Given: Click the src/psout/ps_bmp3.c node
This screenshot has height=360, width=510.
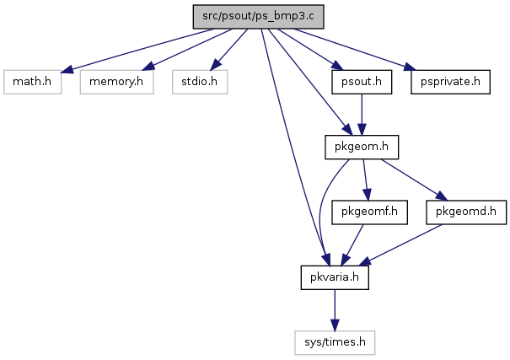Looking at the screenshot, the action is (x=258, y=17).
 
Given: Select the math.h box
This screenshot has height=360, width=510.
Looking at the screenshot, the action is (x=32, y=82).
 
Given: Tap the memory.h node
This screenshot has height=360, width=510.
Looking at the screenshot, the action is (x=117, y=82).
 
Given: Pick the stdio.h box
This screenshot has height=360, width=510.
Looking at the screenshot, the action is (x=200, y=82).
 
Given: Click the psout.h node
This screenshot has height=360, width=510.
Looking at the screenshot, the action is (x=362, y=82).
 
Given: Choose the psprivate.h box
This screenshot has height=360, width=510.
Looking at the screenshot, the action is (x=450, y=82).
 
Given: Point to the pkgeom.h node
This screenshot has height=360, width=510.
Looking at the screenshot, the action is (x=362, y=147).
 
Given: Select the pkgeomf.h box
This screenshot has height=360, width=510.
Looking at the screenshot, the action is (x=369, y=212).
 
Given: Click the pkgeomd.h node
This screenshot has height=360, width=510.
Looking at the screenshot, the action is (x=466, y=212).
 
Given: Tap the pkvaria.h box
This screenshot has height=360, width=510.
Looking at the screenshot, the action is (x=335, y=277).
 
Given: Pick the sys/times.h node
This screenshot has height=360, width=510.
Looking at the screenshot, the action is (x=335, y=342).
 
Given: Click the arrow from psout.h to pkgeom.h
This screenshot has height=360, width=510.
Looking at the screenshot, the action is (x=362, y=115).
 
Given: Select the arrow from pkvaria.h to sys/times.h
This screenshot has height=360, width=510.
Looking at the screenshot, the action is (x=335, y=310).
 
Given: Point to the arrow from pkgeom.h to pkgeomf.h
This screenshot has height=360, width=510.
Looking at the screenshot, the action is (x=366, y=180).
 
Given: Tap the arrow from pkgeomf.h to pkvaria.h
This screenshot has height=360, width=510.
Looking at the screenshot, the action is (x=352, y=244).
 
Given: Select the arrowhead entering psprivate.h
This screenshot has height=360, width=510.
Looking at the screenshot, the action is (x=410, y=67).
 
